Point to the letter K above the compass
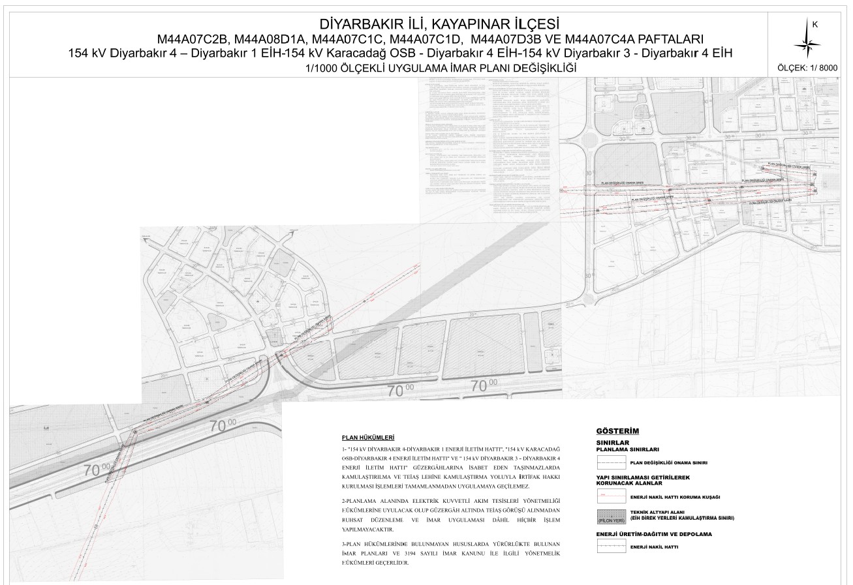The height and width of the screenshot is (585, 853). (x=814, y=24)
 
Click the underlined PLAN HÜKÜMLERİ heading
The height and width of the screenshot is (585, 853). (x=368, y=437)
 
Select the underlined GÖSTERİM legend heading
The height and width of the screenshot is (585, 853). (x=617, y=431)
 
